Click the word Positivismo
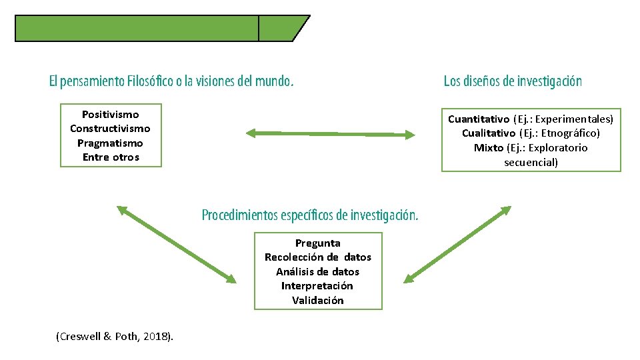coord(110,115)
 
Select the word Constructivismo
coord(110,129)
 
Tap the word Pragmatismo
coord(110,143)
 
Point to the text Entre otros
coord(111,157)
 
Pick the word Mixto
coord(489,148)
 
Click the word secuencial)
coord(531,162)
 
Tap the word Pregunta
coord(317,243)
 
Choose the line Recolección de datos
coord(317,257)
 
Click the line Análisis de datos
coord(317,272)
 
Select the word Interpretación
coord(317,286)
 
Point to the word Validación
coord(317,301)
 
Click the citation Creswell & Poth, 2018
coord(115,337)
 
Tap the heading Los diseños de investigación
coord(513,81)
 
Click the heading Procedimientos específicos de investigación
coord(310,215)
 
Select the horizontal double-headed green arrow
coord(330,134)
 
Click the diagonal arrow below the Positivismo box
coord(177,244)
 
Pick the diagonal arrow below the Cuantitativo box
coord(457,244)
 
